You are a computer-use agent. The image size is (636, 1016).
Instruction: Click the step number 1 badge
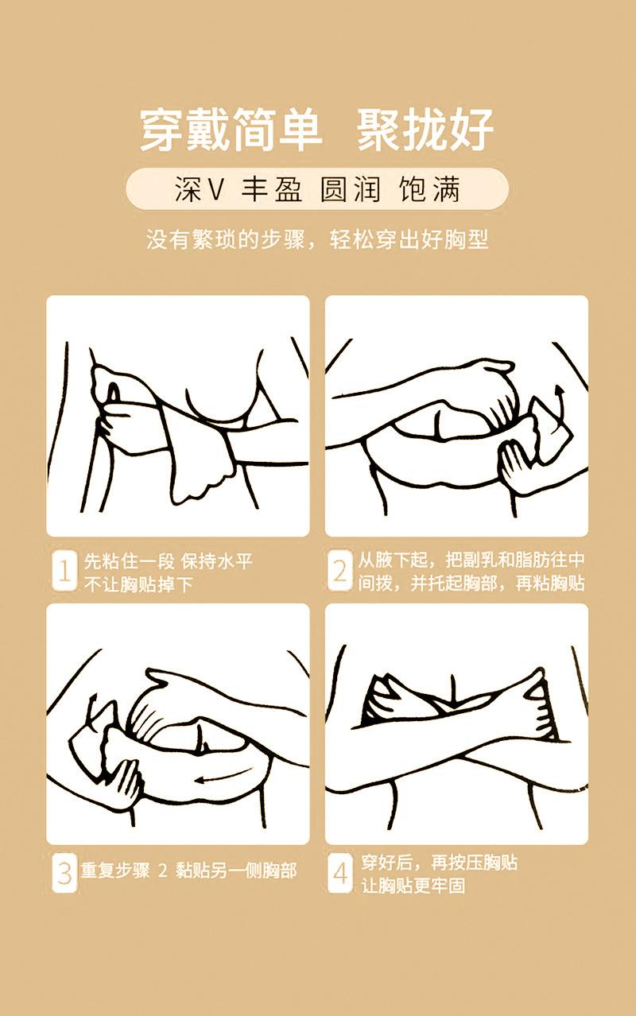point(64,570)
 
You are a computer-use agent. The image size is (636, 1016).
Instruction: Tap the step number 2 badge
point(339,570)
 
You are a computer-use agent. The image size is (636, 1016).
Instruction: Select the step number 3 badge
point(64,873)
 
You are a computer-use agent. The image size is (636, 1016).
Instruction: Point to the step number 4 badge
point(339,873)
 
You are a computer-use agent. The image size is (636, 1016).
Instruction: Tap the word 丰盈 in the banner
point(271,188)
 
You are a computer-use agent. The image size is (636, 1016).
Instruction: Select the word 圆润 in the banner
point(350,188)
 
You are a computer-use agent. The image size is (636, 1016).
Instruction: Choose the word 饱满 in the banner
point(429,188)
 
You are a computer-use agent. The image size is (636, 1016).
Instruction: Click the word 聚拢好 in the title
point(425,130)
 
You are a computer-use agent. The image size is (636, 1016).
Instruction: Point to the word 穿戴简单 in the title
point(231,130)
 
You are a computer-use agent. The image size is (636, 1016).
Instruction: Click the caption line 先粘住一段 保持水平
point(169,561)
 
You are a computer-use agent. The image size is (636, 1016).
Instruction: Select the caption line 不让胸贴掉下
point(139,584)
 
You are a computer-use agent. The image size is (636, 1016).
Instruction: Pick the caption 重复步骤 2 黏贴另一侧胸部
point(188,871)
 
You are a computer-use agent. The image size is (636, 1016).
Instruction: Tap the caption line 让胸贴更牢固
point(413,886)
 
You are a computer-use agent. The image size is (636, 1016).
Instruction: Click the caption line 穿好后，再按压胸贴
point(439,863)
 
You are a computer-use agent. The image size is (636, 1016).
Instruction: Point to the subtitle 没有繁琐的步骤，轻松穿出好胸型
point(317,239)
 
